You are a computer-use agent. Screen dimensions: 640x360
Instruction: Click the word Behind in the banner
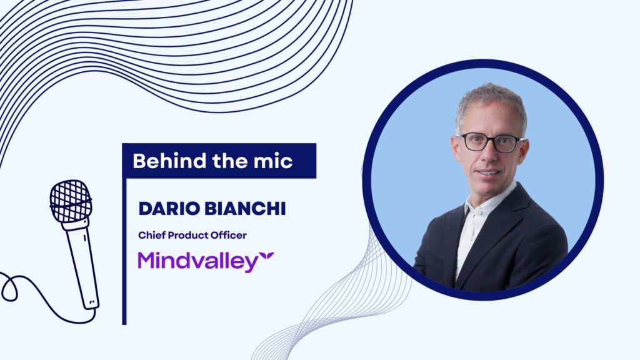coord(169,161)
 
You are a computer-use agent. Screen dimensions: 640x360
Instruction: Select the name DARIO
coord(169,209)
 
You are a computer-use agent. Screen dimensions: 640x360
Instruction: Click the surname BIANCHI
coord(245,209)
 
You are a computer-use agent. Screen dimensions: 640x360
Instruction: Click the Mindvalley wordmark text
coord(198,262)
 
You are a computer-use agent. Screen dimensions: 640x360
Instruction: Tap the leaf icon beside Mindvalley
coord(267,256)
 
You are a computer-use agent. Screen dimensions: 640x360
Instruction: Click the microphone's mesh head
coord(71,201)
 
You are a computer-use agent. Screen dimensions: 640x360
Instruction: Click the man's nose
coord(489,155)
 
